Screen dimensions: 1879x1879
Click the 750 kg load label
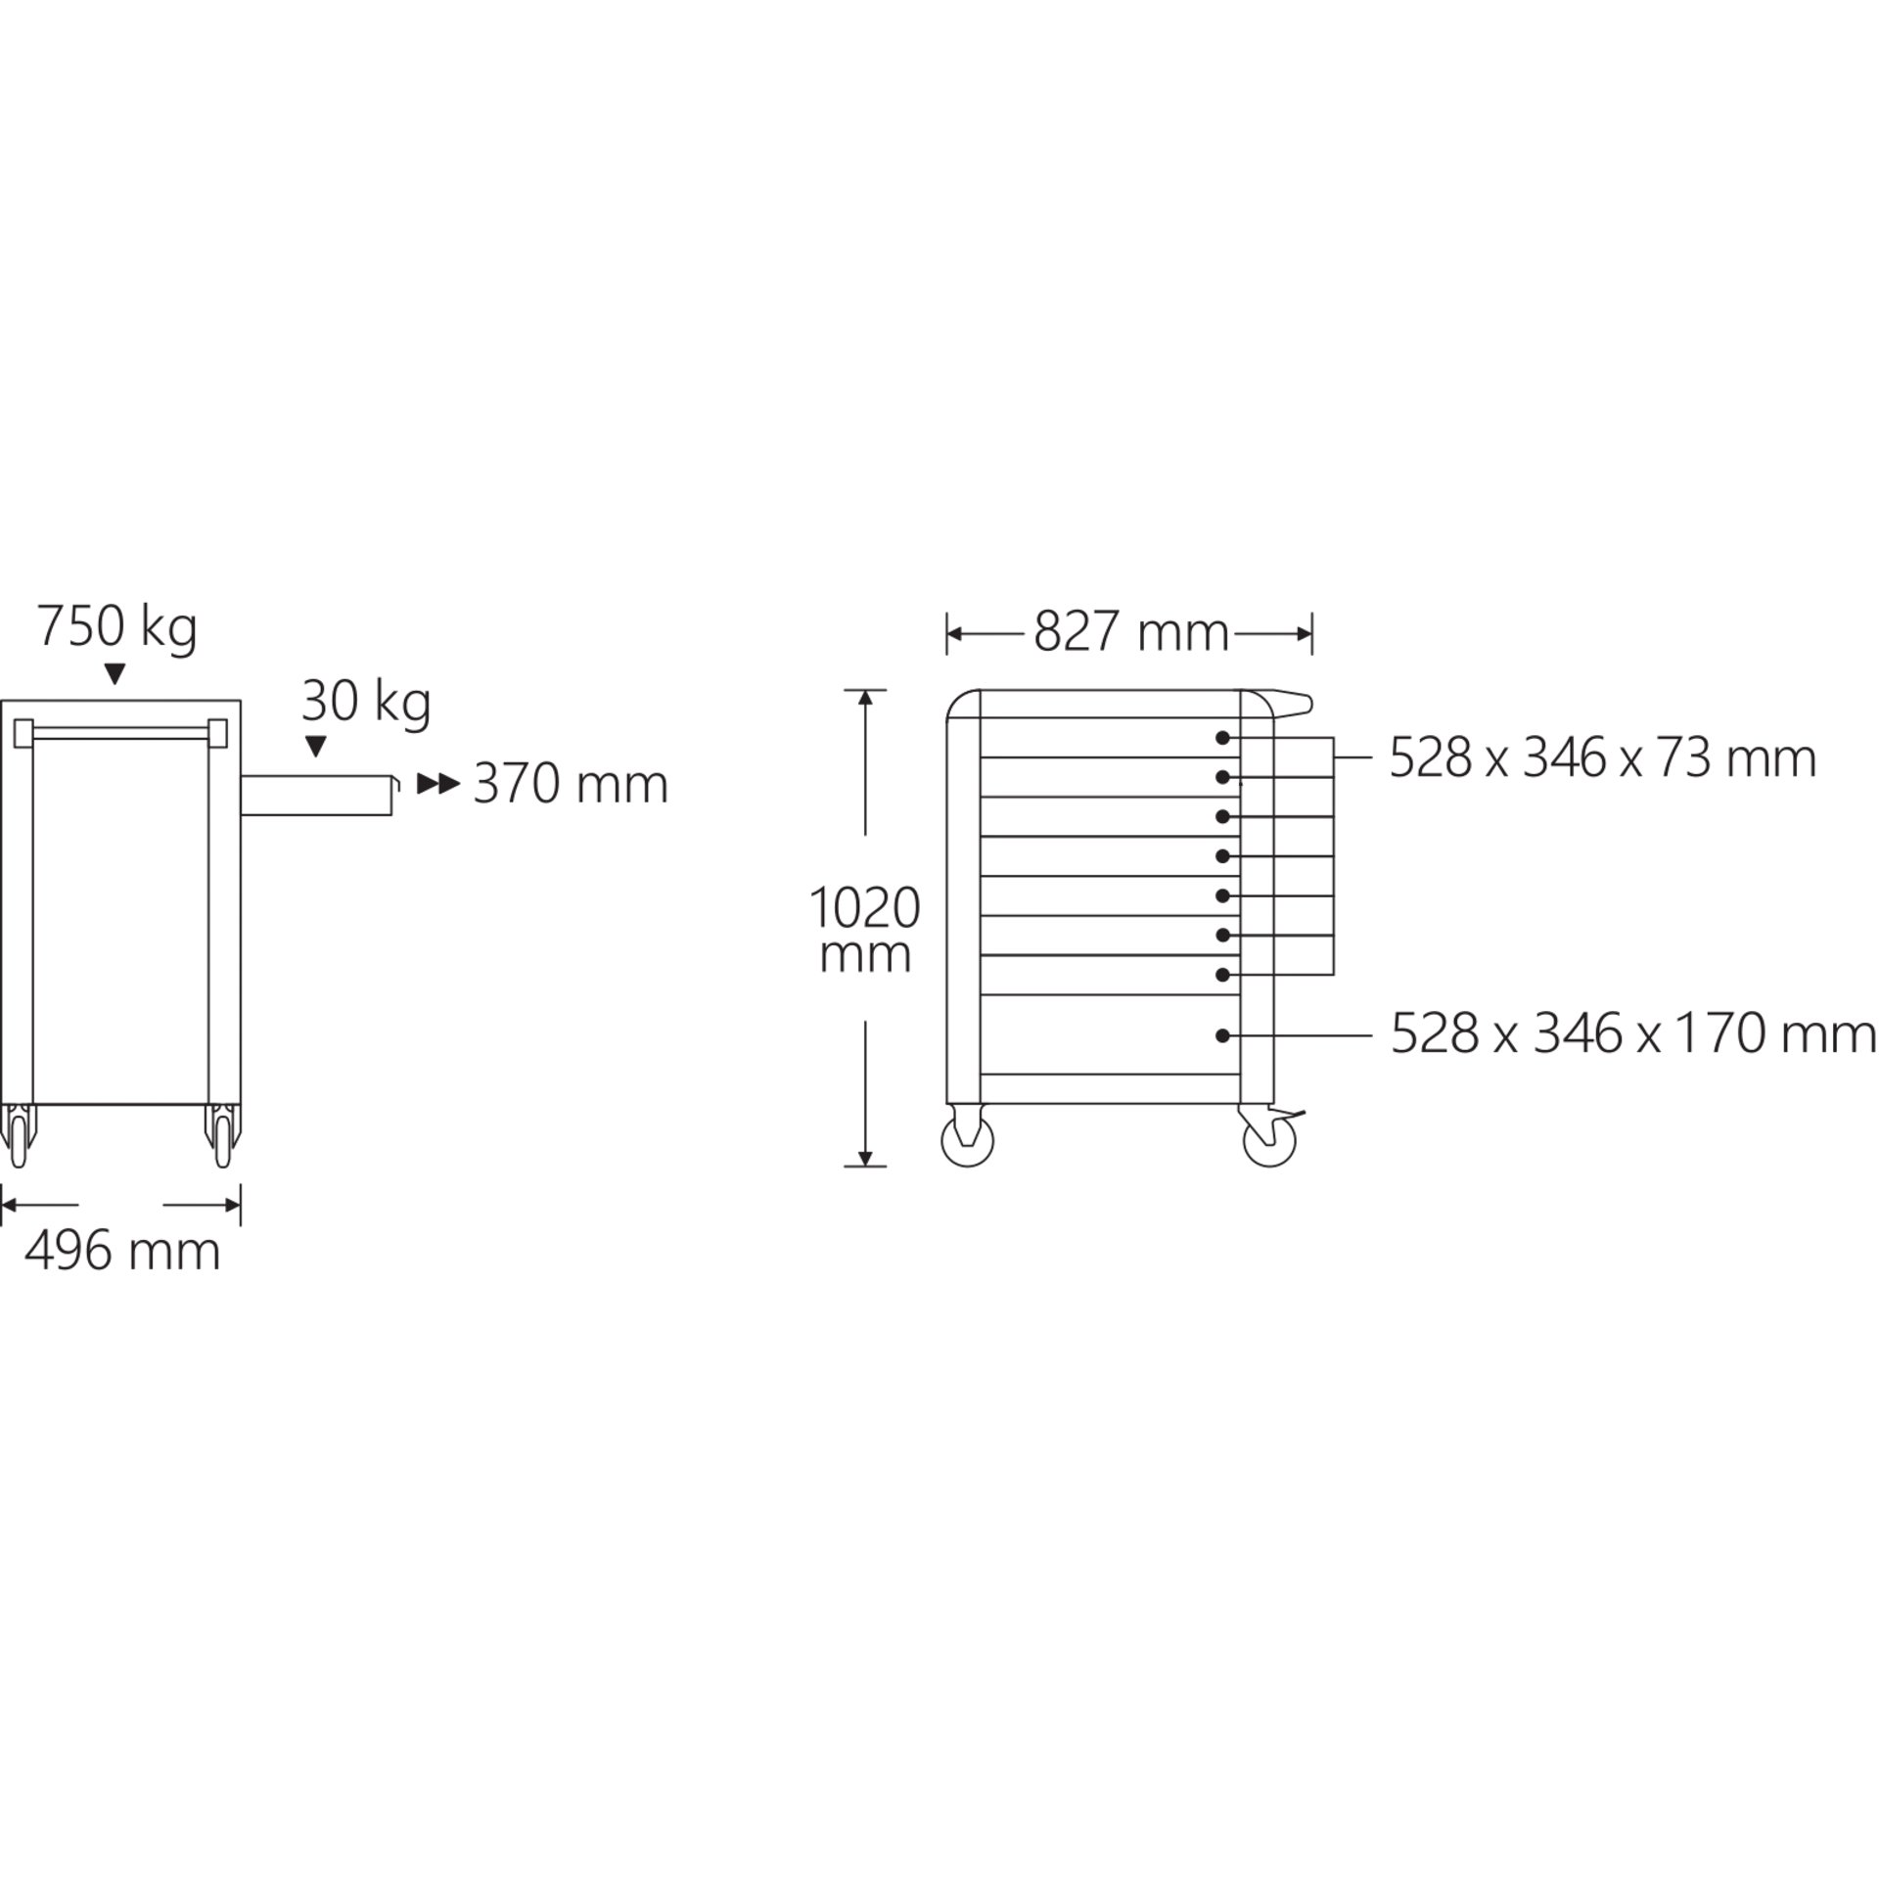pyautogui.click(x=117, y=627)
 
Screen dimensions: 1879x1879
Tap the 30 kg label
pyautogui.click(x=366, y=702)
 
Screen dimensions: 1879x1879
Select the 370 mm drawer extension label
pyautogui.click(x=571, y=784)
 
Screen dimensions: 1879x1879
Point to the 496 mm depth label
pyautogui.click(x=122, y=1251)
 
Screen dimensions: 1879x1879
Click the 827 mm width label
pyautogui.click(x=1131, y=632)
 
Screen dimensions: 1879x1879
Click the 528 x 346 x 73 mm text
pyautogui.click(x=1603, y=757)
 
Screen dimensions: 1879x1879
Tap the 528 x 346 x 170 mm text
pyautogui.click(x=1633, y=1034)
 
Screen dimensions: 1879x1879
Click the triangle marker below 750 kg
pyautogui.click(x=115, y=673)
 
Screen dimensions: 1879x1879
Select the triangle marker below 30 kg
pyautogui.click(x=315, y=747)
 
